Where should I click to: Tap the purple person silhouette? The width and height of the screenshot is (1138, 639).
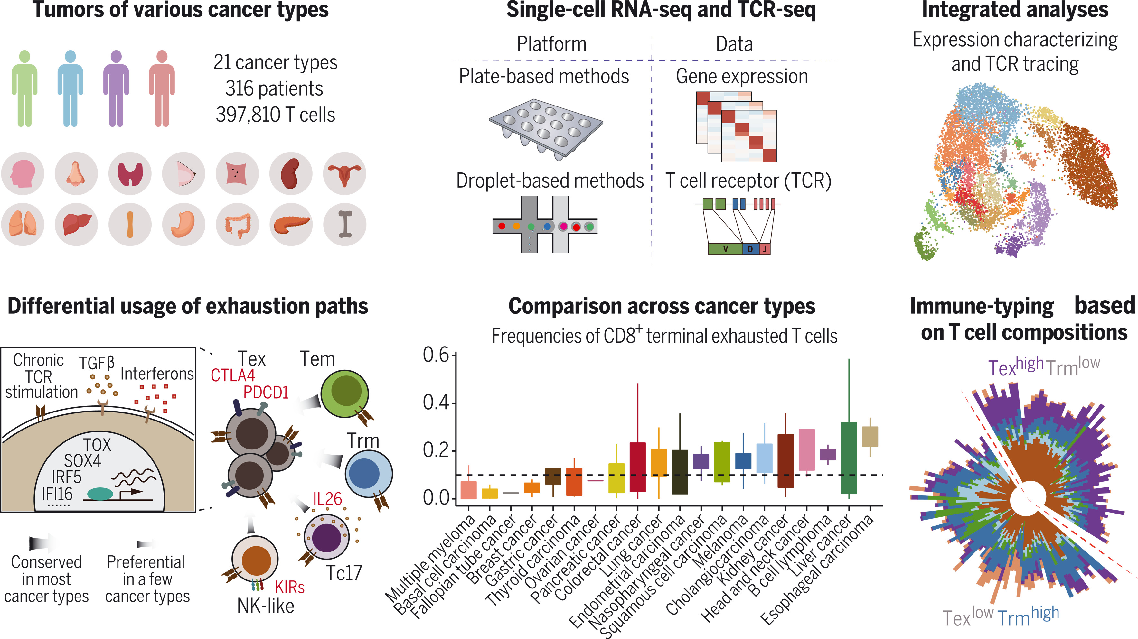(x=116, y=88)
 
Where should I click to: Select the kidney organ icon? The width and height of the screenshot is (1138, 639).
(x=291, y=173)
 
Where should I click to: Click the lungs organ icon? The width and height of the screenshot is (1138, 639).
(x=23, y=224)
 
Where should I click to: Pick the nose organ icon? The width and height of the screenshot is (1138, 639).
(x=76, y=173)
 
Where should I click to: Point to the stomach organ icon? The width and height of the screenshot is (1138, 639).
(x=183, y=224)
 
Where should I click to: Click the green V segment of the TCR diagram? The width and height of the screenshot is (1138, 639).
(x=725, y=249)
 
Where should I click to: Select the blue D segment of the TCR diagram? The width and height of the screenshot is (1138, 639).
(x=750, y=249)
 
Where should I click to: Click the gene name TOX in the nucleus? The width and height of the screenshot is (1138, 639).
(x=97, y=445)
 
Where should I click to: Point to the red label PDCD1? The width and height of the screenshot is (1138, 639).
(x=266, y=392)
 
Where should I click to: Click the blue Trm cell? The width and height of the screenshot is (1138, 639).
(x=368, y=473)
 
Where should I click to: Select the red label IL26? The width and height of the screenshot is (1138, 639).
(x=327, y=499)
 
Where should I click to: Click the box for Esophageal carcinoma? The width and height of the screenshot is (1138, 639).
(x=870, y=436)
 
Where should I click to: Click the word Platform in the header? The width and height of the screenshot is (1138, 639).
(x=552, y=44)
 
